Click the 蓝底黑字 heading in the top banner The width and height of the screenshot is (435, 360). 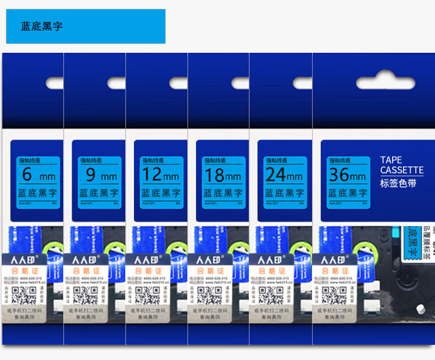pyautogui.click(x=42, y=27)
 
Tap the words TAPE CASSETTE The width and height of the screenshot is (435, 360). pyautogui.click(x=401, y=165)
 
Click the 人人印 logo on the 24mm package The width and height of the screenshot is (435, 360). pyautogui.click(x=272, y=259)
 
